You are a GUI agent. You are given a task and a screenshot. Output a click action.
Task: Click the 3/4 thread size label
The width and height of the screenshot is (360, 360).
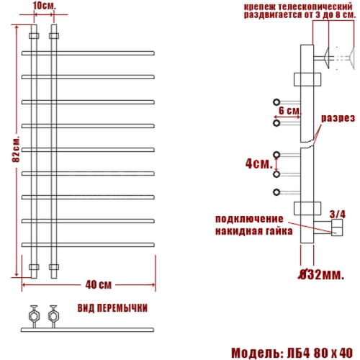pos(336,213)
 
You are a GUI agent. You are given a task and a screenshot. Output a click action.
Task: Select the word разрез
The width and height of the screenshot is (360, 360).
pos(336,118)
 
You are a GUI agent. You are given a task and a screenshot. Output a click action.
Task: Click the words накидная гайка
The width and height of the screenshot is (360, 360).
pos(252,232)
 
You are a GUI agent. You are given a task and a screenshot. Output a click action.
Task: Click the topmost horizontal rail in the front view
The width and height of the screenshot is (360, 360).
pos(89,52)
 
